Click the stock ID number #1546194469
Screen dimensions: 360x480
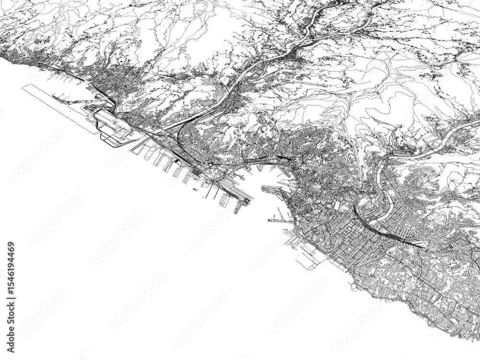(x=11, y=270)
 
